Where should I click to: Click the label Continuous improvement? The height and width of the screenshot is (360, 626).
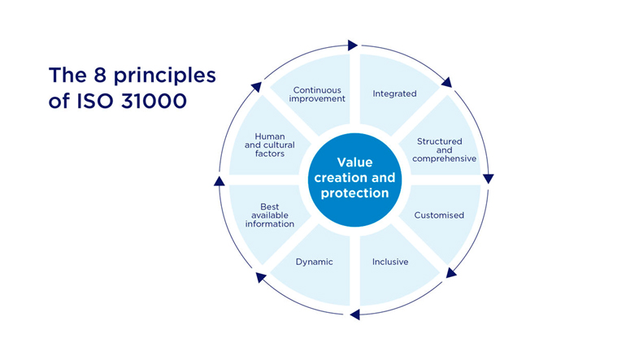tap(319, 93)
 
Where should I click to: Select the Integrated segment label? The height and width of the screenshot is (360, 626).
tap(394, 93)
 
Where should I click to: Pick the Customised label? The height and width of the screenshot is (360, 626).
tap(439, 215)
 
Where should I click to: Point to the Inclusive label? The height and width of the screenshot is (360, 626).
tap(390, 262)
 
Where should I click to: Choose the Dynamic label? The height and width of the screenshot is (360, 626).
tap(315, 262)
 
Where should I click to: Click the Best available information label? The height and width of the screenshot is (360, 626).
tap(270, 215)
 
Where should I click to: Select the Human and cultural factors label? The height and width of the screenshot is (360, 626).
tap(269, 145)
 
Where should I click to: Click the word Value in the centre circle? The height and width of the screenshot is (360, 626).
tap(354, 162)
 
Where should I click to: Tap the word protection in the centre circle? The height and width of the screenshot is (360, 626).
tap(354, 193)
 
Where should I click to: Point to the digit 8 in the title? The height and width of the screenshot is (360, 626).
tap(93, 76)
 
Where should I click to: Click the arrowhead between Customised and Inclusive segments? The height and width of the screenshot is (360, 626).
tap(451, 272)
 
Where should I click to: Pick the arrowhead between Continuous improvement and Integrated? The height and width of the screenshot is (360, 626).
tap(352, 45)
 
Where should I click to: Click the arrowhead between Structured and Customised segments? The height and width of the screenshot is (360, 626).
tap(488, 178)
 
